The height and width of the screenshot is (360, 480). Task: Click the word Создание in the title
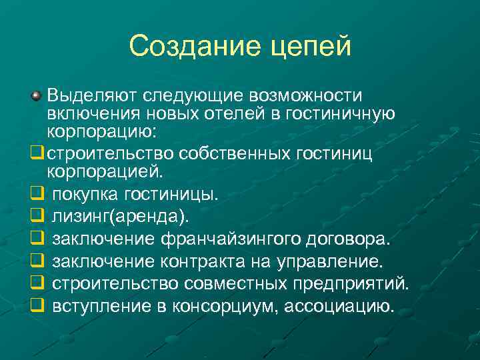click(x=187, y=46)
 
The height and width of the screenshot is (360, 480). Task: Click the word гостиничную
click(x=340, y=114)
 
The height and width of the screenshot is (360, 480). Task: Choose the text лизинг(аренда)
click(x=121, y=217)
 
